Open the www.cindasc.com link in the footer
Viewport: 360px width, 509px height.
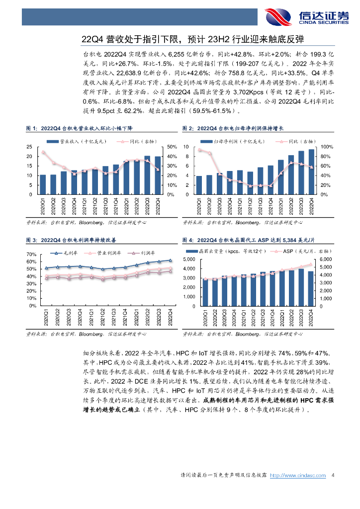297,476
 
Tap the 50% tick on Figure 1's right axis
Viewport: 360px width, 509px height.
172,147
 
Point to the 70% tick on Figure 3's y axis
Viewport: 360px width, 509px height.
29,254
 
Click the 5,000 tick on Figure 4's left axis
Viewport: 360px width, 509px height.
190,260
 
